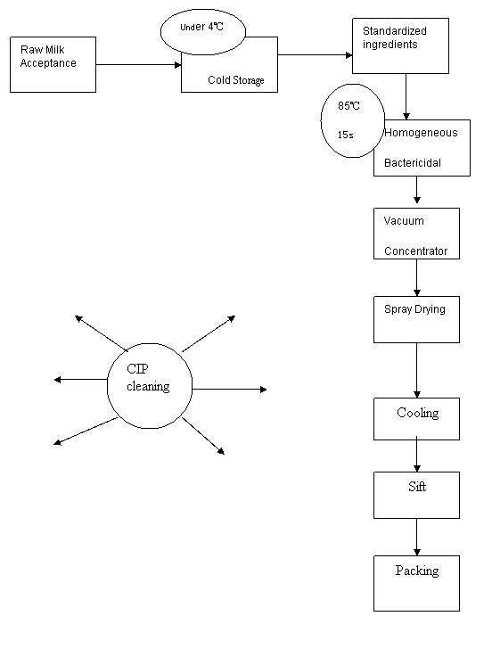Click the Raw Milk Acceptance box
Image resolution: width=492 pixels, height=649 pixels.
click(53, 64)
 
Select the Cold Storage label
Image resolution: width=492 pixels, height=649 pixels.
click(236, 80)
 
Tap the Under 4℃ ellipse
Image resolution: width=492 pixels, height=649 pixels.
click(202, 32)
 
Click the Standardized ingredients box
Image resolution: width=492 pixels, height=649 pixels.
click(400, 46)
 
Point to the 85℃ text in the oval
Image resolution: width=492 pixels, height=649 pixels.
click(348, 106)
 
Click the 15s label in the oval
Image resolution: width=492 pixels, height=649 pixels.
click(346, 135)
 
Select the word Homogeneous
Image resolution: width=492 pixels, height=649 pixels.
click(421, 133)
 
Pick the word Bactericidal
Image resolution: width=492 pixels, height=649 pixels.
click(413, 162)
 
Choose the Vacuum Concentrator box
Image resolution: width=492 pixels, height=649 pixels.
click(417, 234)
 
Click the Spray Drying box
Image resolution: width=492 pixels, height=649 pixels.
click(417, 319)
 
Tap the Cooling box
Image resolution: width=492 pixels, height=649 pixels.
click(417, 419)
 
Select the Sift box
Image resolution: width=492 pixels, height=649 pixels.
click(417, 495)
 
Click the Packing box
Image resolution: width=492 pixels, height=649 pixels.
click(417, 583)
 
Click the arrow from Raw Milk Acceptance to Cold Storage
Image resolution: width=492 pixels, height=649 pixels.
click(139, 64)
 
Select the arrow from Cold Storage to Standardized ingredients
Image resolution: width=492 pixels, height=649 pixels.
click(315, 54)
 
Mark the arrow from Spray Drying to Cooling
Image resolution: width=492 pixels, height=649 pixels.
click(417, 371)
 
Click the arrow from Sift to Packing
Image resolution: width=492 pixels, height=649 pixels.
click(417, 537)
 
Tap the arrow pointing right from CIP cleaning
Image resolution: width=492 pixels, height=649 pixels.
click(230, 389)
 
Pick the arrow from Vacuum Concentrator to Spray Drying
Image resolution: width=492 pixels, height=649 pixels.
click(417, 278)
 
